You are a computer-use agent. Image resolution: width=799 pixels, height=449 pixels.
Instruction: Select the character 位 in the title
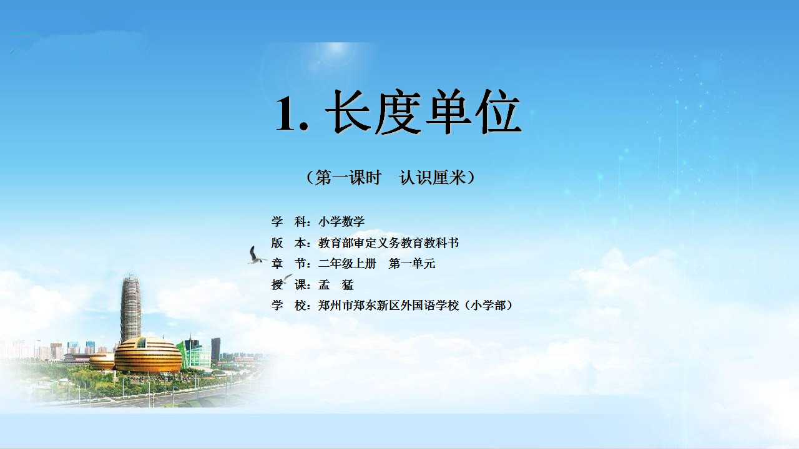(x=499, y=112)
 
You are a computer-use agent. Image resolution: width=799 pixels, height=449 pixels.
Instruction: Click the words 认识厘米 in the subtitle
(x=433, y=178)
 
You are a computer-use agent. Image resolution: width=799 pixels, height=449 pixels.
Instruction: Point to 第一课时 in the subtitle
(x=348, y=178)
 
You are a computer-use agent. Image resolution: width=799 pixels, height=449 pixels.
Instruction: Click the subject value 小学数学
(x=341, y=221)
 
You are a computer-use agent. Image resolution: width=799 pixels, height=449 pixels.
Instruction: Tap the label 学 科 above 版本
(x=288, y=221)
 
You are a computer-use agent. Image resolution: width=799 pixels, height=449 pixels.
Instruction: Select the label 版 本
(x=288, y=243)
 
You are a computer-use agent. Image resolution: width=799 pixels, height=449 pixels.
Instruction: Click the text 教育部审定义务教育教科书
(x=388, y=243)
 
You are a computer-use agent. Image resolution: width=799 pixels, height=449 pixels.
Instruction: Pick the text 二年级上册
(x=347, y=264)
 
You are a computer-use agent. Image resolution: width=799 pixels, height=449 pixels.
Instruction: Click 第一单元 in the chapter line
(x=412, y=264)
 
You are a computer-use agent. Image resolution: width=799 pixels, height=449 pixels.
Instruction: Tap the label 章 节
(x=288, y=264)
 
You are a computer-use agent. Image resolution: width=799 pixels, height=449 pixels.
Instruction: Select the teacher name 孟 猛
(x=336, y=285)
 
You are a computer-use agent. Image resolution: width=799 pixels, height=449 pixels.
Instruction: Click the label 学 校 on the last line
(x=288, y=306)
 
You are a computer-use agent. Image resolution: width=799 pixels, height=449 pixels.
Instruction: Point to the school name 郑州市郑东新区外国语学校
(x=388, y=306)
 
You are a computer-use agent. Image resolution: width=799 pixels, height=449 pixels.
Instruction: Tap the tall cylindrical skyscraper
(x=130, y=308)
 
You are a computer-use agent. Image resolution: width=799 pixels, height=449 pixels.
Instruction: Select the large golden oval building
(x=148, y=355)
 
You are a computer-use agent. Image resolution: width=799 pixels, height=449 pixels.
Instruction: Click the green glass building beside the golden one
(x=194, y=353)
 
